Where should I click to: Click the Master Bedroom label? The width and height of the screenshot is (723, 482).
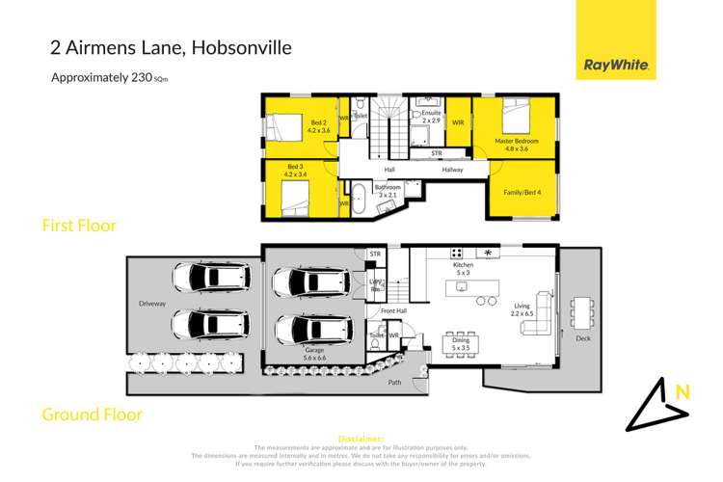coord(519,142)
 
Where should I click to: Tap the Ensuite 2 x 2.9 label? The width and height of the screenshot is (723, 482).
coord(430,117)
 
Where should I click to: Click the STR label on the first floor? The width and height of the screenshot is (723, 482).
coord(436,153)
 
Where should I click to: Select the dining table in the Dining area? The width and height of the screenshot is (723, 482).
coord(458,341)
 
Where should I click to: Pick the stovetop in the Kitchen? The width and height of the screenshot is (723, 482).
coord(489,254)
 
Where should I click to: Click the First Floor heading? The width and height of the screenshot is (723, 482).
coord(78,226)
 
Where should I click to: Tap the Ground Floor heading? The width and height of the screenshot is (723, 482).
coord(92,415)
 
